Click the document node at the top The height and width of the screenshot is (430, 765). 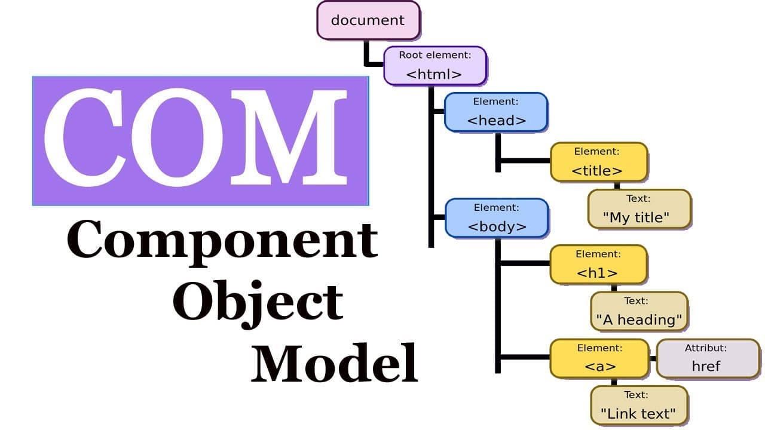[x=368, y=20]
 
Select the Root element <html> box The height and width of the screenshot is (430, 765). [x=435, y=66]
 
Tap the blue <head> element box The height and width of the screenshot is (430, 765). [x=496, y=112]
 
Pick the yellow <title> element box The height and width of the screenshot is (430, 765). [x=599, y=162]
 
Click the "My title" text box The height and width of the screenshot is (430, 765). [x=639, y=209]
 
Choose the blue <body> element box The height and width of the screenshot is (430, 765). [x=497, y=218]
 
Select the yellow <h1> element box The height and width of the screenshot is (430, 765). [x=598, y=265]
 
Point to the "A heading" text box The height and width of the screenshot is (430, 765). [x=639, y=311]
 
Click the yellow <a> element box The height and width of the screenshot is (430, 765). [x=599, y=358]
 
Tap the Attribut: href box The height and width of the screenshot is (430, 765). [x=708, y=358]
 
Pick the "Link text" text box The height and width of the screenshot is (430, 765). [x=639, y=406]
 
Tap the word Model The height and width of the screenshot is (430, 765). [x=334, y=363]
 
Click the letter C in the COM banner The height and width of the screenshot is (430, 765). [x=84, y=137]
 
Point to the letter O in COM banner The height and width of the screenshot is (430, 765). [x=177, y=137]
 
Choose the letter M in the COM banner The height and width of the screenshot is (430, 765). [x=289, y=137]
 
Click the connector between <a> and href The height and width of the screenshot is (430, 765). [x=653, y=358]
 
